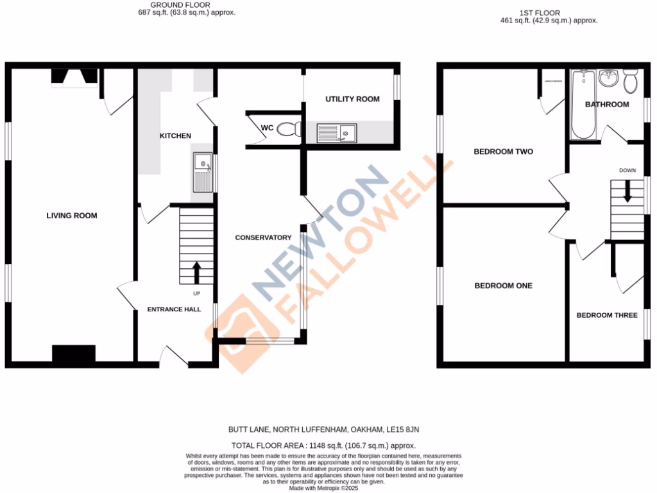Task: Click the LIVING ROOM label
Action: point(72,216)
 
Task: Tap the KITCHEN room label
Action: point(175,136)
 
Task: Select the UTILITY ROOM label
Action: point(352,99)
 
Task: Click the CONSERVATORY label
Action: point(263,238)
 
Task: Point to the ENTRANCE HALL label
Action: point(174,309)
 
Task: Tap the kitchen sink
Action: point(203,173)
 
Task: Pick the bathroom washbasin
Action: point(608,79)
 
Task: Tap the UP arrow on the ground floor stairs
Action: point(196,272)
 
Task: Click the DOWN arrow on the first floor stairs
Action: point(627,191)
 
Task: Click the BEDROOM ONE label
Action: point(504,286)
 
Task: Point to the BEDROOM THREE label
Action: point(606,315)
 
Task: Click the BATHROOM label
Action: point(606,105)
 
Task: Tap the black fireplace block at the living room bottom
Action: point(73,354)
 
